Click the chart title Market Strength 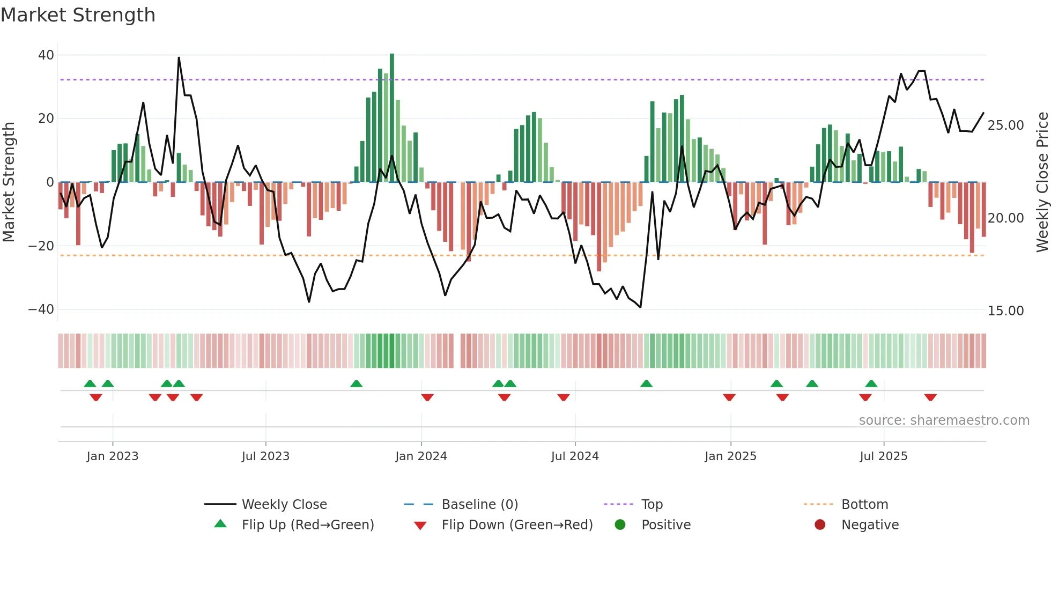pyautogui.click(x=78, y=15)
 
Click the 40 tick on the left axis pyautogui.click(x=46, y=55)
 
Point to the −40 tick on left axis pyautogui.click(x=41, y=309)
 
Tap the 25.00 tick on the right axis pyautogui.click(x=1005, y=125)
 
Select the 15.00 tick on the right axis pyautogui.click(x=1005, y=311)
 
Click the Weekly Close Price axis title pyautogui.click(x=1042, y=182)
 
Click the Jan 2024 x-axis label pyautogui.click(x=421, y=456)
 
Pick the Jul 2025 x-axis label pyautogui.click(x=883, y=456)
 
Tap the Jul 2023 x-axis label pyautogui.click(x=265, y=456)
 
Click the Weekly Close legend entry pyautogui.click(x=284, y=505)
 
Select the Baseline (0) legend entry pyautogui.click(x=479, y=505)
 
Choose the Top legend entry pyautogui.click(x=652, y=505)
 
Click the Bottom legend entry pyautogui.click(x=864, y=505)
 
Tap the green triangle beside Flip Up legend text pyautogui.click(x=220, y=524)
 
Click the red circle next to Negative pyautogui.click(x=820, y=524)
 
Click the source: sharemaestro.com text pyautogui.click(x=944, y=420)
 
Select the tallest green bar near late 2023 pyautogui.click(x=392, y=118)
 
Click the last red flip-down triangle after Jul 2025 pyautogui.click(x=930, y=397)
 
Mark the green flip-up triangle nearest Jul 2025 pyautogui.click(x=871, y=383)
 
